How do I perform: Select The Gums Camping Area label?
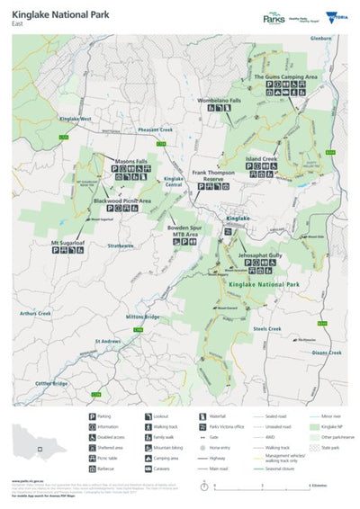click(285, 78)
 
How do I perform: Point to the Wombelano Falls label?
click(220, 100)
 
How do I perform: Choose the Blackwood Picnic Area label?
click(121, 201)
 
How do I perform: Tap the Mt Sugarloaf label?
click(67, 243)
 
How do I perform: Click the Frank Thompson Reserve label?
click(213, 174)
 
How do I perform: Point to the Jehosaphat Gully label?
click(260, 256)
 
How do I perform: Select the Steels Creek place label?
click(267, 329)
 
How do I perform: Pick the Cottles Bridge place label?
click(50, 384)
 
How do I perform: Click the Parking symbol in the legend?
click(94, 415)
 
